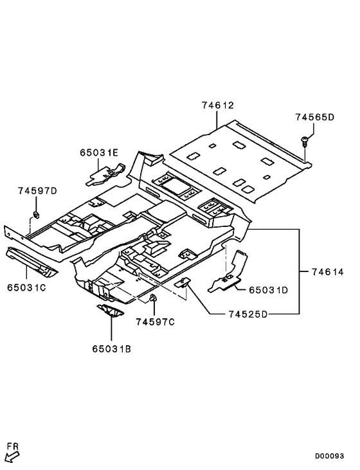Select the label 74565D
(x=315, y=118)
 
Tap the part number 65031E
(x=99, y=152)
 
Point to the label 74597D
(x=37, y=191)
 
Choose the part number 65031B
(x=111, y=348)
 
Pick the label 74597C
(x=155, y=321)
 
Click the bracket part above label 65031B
(x=111, y=312)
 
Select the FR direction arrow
(x=12, y=457)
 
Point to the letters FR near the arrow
(x=12, y=446)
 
